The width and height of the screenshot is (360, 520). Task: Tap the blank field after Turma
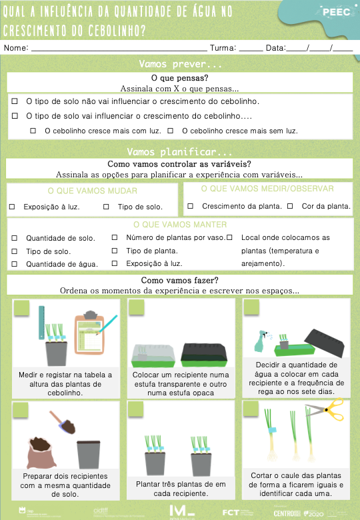coord(251,49)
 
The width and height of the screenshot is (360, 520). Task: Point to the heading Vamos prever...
coord(180,65)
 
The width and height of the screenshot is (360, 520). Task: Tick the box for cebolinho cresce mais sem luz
coord(171,131)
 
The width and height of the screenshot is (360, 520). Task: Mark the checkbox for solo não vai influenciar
coord(15,101)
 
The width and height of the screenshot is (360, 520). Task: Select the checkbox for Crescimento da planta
coord(191,206)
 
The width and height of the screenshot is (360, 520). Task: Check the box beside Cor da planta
coord(290,206)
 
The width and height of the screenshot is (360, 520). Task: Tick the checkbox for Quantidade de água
coord(15,264)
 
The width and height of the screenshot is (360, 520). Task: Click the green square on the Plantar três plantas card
coord(136,409)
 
